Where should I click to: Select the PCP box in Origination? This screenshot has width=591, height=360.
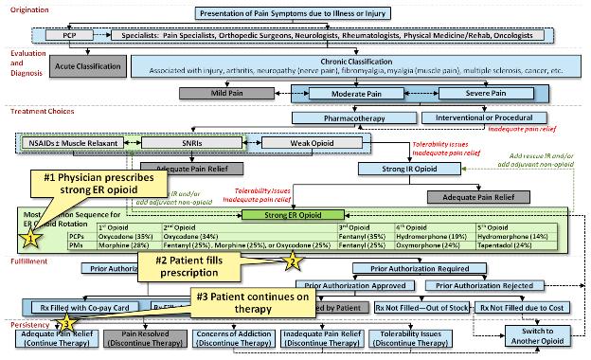69,35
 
